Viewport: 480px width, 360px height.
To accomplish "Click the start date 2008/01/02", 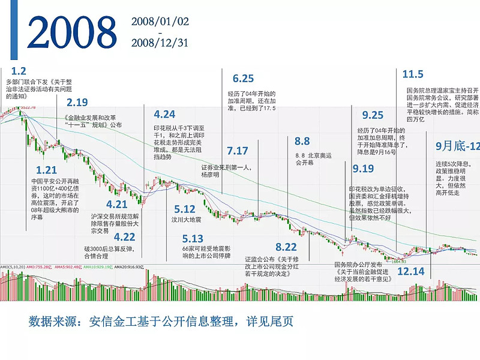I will click(160, 22).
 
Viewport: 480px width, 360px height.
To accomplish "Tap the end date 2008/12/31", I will click(160, 43).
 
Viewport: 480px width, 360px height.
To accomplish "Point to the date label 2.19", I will click(77, 101).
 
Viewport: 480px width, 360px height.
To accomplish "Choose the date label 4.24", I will click(164, 114).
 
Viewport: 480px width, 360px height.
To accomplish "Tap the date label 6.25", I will click(243, 79).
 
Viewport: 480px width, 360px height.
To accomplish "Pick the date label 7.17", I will click(238, 150).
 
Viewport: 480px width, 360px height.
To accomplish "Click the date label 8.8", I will click(302, 141).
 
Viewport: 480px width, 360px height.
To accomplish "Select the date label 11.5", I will click(413, 74).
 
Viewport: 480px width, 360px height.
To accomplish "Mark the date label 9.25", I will click(373, 115).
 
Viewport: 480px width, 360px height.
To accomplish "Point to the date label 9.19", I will click(363, 168).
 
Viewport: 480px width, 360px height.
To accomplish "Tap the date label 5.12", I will click(185, 209).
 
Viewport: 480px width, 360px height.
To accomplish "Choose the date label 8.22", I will click(286, 247).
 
